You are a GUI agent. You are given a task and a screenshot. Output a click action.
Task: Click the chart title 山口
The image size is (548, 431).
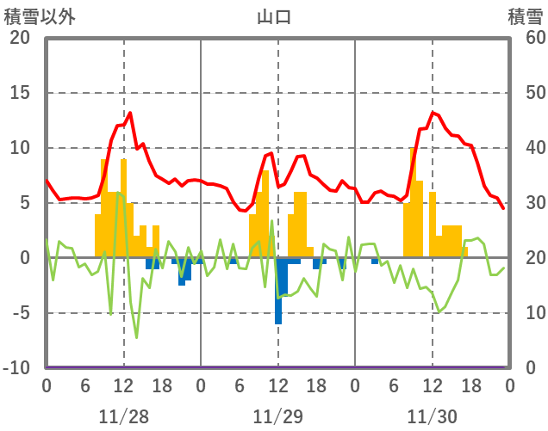(274, 17)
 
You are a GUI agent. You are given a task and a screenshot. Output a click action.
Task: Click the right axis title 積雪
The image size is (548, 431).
(525, 17)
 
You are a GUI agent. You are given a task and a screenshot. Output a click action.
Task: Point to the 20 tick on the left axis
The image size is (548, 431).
(20, 38)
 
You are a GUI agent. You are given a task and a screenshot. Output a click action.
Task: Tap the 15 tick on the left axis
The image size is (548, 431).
(20, 93)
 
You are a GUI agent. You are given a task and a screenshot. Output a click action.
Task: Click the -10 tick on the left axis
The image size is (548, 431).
(17, 368)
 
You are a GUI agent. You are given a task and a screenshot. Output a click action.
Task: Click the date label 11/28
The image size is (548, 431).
(123, 416)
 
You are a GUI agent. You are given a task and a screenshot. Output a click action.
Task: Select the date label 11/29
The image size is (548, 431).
(277, 416)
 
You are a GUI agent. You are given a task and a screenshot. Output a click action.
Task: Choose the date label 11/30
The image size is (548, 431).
(433, 416)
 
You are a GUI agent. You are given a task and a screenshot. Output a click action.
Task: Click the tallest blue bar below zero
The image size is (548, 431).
(278, 291)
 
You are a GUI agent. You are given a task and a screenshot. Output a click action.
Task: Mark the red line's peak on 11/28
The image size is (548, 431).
(129, 113)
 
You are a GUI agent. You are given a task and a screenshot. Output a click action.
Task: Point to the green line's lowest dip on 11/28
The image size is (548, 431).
(136, 336)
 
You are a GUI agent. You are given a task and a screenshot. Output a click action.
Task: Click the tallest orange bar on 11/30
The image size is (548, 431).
(414, 202)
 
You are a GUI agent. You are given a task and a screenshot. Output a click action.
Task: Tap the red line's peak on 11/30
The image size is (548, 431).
(433, 113)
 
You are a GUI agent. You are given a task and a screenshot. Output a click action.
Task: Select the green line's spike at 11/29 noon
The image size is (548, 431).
(271, 222)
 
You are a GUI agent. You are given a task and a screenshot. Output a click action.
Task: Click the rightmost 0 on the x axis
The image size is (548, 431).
(510, 385)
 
